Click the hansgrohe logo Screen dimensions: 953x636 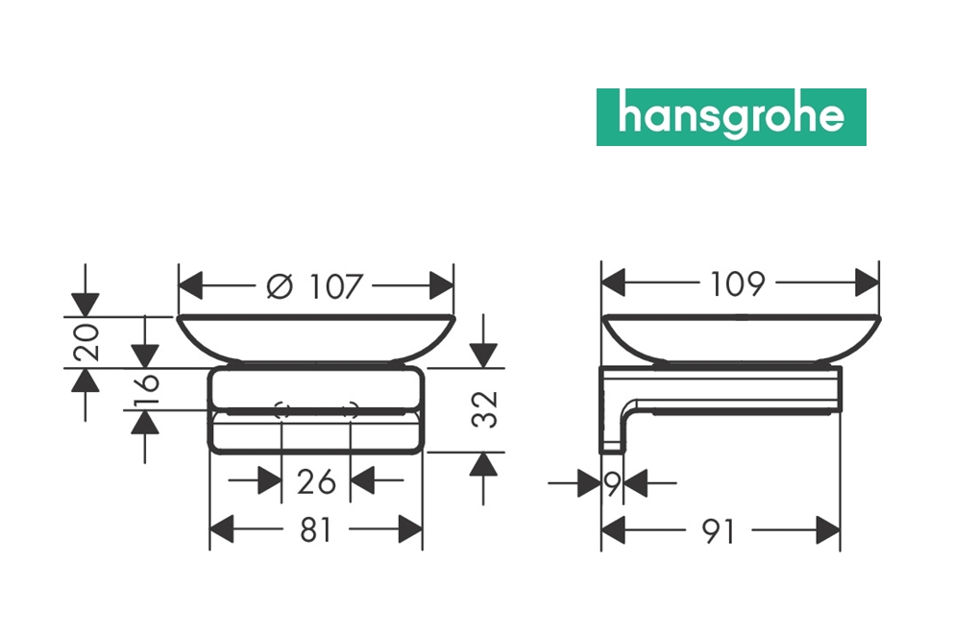(x=731, y=117)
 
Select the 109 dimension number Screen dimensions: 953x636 (x=737, y=283)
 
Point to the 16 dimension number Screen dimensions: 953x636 (x=147, y=390)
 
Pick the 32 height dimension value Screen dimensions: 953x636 (x=485, y=409)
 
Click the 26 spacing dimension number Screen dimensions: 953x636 (x=316, y=481)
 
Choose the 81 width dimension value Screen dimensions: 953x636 (x=316, y=529)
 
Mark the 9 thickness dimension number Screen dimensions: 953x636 (x=613, y=484)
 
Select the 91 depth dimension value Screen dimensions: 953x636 (x=719, y=531)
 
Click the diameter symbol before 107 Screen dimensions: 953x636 (x=280, y=286)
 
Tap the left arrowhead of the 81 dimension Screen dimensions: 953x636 (x=222, y=529)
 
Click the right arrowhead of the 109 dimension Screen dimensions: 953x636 (x=867, y=283)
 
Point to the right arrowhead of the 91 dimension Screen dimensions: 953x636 (x=828, y=531)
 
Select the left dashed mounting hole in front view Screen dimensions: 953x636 (x=281, y=410)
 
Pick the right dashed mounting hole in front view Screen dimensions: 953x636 (x=352, y=410)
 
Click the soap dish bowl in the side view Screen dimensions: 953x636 (x=741, y=338)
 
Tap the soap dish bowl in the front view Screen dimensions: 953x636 (x=316, y=339)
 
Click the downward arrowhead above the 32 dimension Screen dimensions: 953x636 (x=483, y=355)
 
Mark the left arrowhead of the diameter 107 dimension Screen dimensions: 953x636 (x=190, y=285)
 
